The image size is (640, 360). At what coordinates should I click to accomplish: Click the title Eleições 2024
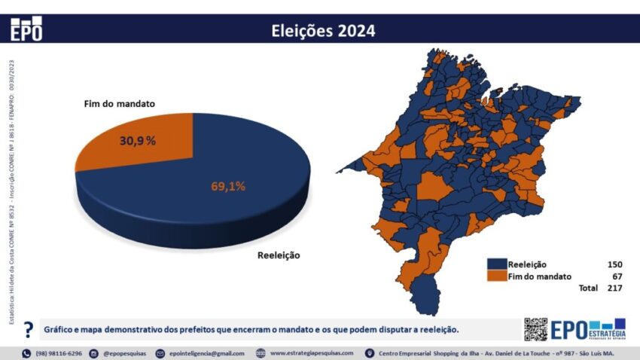click(x=322, y=31)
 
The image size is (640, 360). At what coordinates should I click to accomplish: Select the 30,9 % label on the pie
click(x=138, y=140)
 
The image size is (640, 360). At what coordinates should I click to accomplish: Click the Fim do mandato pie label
click(x=119, y=103)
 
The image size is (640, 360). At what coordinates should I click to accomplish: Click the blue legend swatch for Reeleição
click(x=496, y=264)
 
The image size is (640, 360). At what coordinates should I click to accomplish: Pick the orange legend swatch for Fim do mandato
click(x=496, y=276)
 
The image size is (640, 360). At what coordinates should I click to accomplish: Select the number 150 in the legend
click(x=614, y=264)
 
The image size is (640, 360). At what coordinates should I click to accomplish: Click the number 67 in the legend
click(x=617, y=276)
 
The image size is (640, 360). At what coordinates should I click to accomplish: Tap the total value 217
click(x=614, y=288)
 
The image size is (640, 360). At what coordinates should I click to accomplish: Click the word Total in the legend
click(x=587, y=288)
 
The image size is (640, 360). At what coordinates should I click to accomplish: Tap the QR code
click(x=535, y=329)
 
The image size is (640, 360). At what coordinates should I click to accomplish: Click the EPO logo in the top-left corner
click(x=26, y=29)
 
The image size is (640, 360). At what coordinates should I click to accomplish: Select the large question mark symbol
click(x=28, y=330)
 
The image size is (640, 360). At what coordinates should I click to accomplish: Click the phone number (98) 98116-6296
click(x=59, y=353)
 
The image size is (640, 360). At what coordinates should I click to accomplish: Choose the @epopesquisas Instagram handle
click(x=125, y=353)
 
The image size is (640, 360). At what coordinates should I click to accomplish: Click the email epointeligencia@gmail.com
click(x=206, y=353)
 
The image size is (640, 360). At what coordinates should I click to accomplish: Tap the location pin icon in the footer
click(x=369, y=353)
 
